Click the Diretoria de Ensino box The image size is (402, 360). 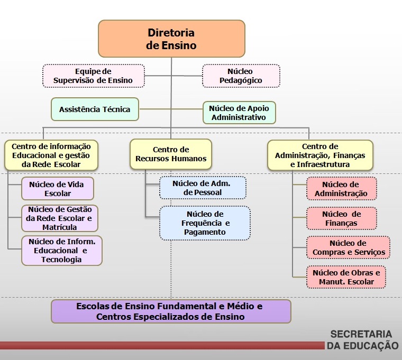coord(171,39)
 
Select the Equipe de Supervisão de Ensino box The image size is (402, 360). coord(93,76)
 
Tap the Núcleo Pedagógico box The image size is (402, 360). coord(240,76)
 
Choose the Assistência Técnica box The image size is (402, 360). coord(95,109)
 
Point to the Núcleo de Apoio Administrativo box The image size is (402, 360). coord(239,113)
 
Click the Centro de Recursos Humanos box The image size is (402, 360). coord(171,154)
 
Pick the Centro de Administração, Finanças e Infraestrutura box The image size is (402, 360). coord(320,155)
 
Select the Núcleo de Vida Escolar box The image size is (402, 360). coord(58,189)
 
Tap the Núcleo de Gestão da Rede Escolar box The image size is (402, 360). coord(60,218)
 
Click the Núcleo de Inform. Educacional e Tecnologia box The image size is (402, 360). coord(61,250)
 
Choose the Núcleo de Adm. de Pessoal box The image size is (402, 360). coord(203,188)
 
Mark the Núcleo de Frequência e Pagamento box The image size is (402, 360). coord(205,223)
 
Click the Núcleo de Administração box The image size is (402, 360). coord(341,189)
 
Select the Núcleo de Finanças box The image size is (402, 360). coord(341,218)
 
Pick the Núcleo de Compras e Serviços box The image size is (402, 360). coord(348,247)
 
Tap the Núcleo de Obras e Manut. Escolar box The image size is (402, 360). coord(346,277)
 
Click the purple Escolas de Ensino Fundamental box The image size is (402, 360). coord(171,311)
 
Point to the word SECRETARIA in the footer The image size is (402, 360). coord(361,334)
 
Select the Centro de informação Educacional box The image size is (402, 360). coord(51,155)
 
